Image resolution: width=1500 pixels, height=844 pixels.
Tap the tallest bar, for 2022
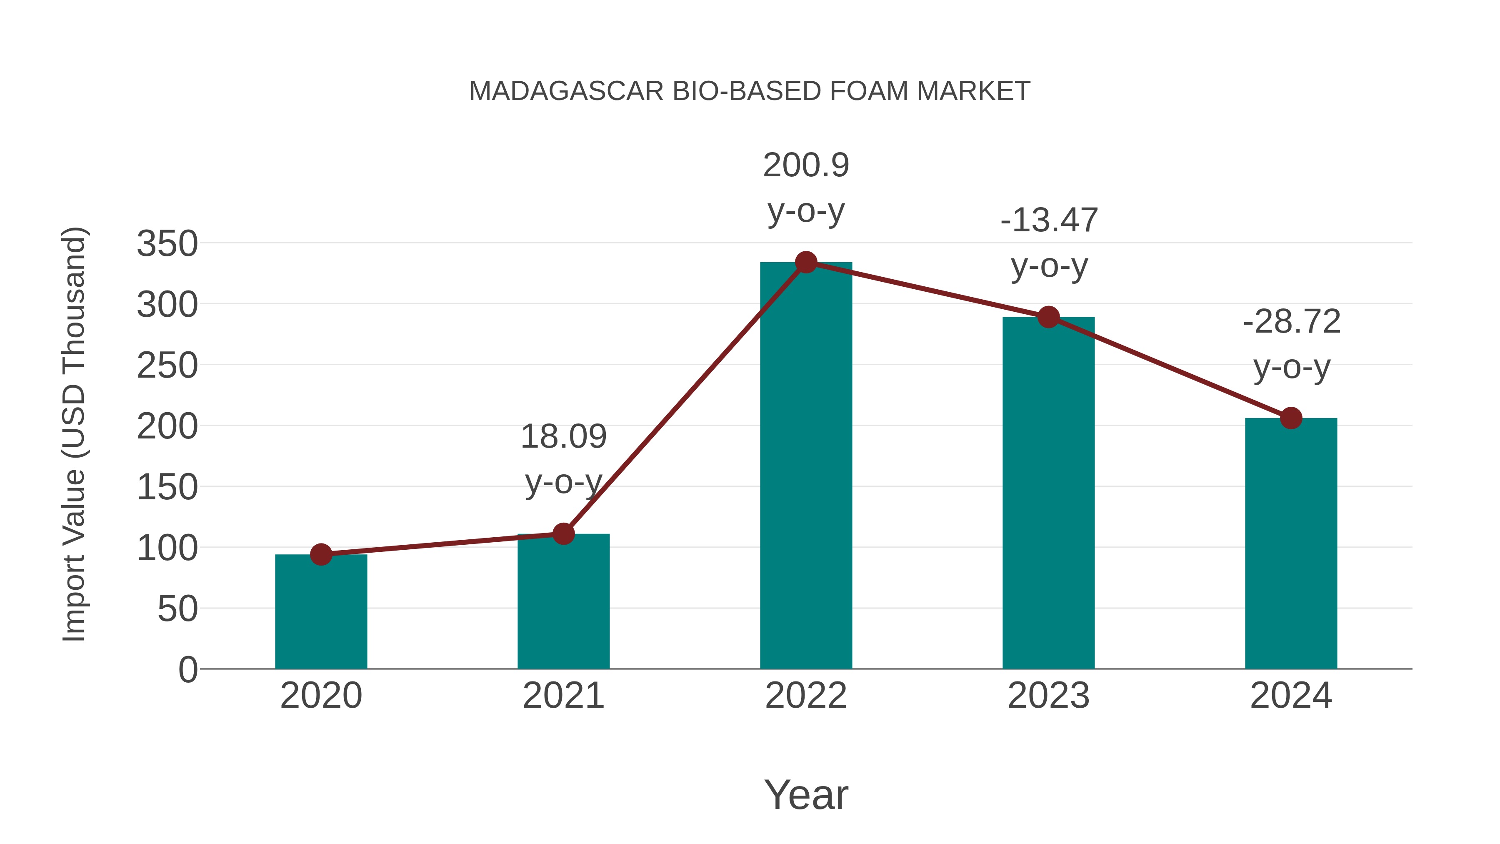point(806,466)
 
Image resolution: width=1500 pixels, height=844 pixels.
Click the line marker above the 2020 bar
point(321,554)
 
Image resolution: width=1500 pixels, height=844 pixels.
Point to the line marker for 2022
point(806,263)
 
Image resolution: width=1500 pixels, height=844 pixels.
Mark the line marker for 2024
point(1291,418)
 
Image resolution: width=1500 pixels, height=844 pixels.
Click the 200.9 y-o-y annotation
point(806,188)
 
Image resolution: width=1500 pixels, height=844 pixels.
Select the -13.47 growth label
point(1049,243)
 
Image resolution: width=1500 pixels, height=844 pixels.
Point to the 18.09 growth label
point(563,459)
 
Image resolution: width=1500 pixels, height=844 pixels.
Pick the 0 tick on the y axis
point(187,669)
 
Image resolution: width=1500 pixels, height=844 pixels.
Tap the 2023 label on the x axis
point(1048,696)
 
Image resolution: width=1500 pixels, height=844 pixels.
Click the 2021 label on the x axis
point(563,696)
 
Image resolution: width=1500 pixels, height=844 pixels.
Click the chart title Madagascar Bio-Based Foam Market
point(750,91)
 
